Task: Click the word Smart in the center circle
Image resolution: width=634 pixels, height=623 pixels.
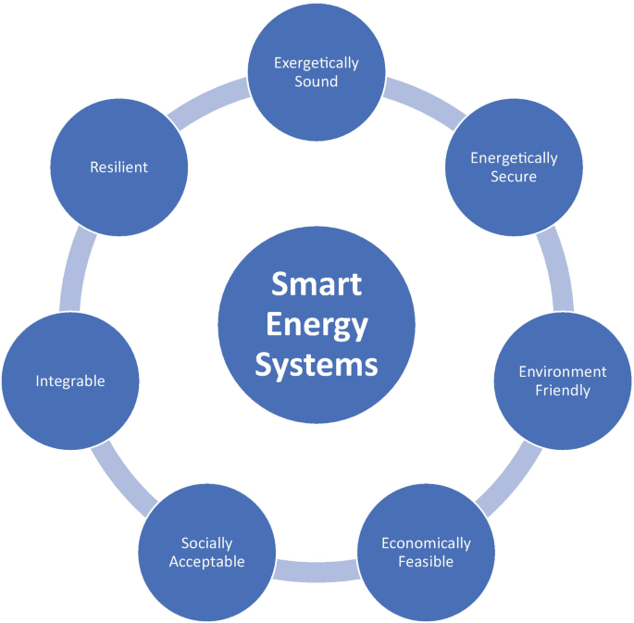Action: [317, 283]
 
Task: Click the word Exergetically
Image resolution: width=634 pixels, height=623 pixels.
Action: [317, 63]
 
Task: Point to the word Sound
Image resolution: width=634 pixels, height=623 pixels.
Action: [317, 81]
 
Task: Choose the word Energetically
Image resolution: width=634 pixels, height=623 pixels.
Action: [514, 157]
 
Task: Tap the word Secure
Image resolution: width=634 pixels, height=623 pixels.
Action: [514, 176]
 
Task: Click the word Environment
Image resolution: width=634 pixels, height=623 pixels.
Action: [563, 371]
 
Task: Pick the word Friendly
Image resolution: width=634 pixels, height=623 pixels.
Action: [563, 390]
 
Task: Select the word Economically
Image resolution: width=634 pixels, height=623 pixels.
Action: [426, 542]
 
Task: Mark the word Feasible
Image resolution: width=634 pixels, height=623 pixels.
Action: [426, 561]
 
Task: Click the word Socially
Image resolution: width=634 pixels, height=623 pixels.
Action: [207, 542]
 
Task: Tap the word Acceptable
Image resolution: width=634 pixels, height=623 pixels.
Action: [207, 561]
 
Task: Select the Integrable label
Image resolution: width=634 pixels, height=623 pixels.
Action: [70, 380]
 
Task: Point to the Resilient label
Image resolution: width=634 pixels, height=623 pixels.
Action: [118, 167]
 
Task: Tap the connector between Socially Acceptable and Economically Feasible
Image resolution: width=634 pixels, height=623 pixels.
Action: [317, 570]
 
